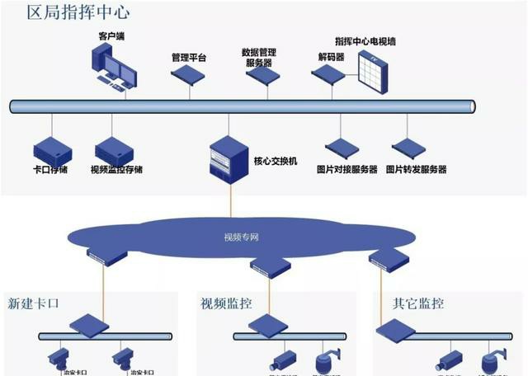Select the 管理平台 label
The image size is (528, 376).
(189, 57)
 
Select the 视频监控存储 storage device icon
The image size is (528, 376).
(115, 153)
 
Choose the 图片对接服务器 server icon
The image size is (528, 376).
(342, 149)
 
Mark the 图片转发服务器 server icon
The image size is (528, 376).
(409, 149)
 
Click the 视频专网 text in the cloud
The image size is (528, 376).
(242, 237)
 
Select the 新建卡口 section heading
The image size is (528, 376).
(34, 303)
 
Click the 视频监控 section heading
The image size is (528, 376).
(225, 303)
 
